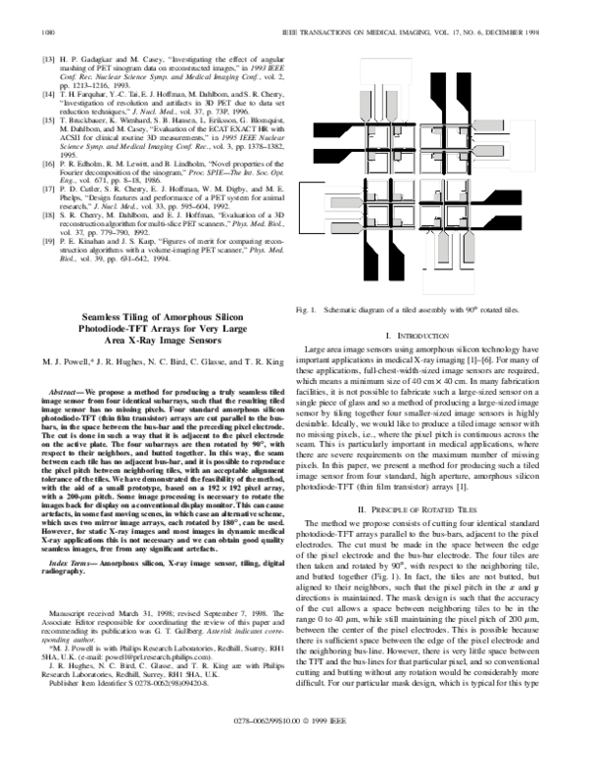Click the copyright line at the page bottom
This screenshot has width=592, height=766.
pyautogui.click(x=297, y=747)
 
